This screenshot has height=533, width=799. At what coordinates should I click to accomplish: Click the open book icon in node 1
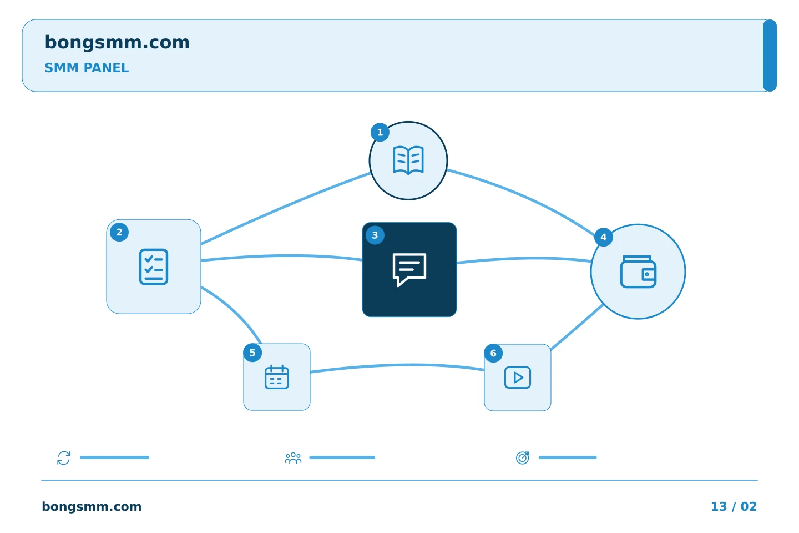408,160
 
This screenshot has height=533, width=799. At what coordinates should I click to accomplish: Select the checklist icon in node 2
154,266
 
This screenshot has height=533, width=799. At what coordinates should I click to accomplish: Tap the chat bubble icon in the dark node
409,269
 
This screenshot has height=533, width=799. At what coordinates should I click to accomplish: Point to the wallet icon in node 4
638,271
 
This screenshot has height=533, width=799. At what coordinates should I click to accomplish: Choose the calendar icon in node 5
277,376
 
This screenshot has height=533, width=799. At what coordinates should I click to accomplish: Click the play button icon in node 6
518,378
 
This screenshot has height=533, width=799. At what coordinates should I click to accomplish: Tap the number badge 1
380,133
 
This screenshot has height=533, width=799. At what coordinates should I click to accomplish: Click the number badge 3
375,235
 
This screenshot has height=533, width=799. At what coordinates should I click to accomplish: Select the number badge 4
604,237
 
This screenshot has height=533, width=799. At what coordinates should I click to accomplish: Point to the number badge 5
252,353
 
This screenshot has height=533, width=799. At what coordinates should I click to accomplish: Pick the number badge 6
493,353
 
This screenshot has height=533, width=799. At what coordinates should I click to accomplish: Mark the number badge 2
119,233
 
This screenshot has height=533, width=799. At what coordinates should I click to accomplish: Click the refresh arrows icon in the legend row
64,457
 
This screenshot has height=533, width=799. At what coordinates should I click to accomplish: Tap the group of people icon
293,458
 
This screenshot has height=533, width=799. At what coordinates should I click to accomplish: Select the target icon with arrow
523,457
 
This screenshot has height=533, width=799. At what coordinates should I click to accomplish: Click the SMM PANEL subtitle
87,68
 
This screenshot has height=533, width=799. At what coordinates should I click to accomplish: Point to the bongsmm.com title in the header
117,43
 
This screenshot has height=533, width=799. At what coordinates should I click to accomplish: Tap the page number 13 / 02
734,506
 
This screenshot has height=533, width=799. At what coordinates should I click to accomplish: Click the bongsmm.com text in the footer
92,506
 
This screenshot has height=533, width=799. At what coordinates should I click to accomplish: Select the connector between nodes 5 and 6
397,365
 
